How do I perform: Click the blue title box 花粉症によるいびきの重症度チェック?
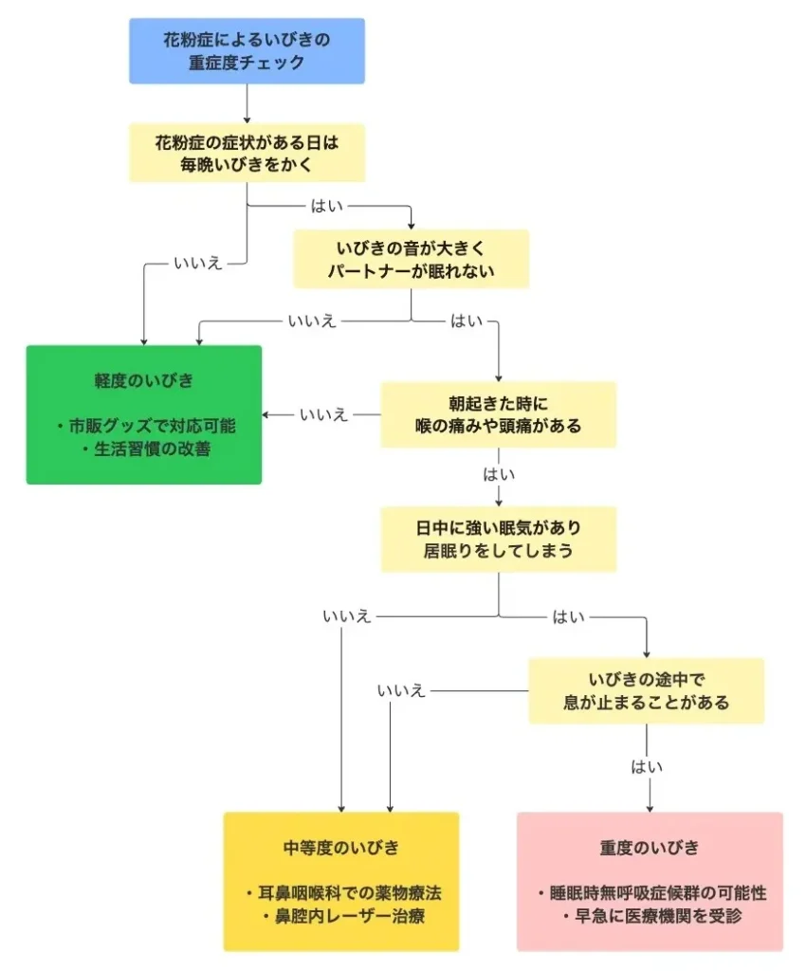[247, 51]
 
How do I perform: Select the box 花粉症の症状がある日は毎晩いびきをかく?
[247, 153]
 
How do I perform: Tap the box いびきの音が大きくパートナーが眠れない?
[411, 259]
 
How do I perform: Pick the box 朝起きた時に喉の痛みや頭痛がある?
[499, 414]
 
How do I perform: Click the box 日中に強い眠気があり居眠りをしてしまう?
[499, 539]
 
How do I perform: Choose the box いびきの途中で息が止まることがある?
[646, 691]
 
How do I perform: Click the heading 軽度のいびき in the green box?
[144, 380]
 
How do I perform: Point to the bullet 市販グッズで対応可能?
[144, 425]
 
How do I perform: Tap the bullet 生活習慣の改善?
[144, 449]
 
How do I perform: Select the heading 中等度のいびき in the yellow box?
[341, 847]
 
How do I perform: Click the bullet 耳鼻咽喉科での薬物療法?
[341, 893]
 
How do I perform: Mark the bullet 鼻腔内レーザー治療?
[341, 917]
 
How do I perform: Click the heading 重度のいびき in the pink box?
[650, 847]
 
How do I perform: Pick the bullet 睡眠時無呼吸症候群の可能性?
[650, 893]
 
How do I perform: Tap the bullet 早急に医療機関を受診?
[650, 917]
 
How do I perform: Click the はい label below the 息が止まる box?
[646, 766]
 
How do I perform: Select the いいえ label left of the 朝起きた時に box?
[324, 414]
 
